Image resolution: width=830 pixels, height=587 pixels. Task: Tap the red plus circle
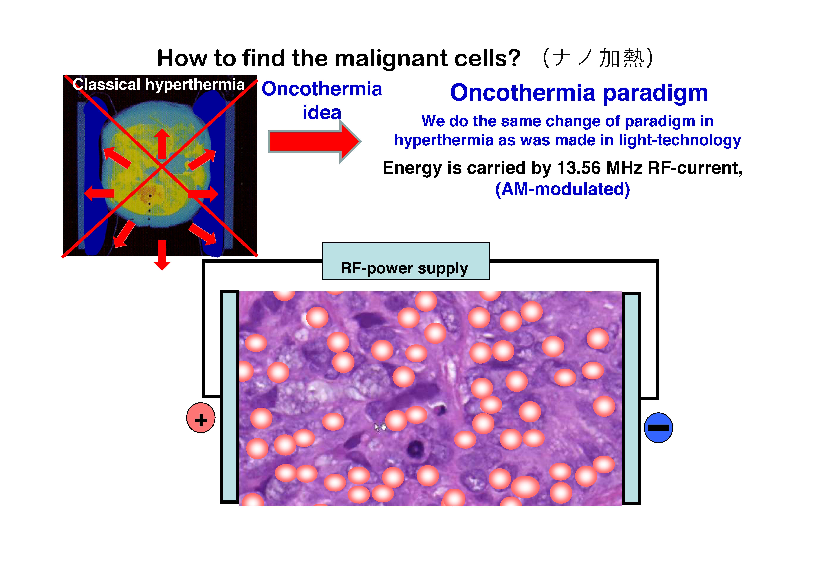coord(201,418)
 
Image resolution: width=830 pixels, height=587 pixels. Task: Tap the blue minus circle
coord(658,428)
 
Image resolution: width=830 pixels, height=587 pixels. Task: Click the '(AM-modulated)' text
coord(562,189)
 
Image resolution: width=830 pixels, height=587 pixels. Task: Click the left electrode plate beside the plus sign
coord(229,397)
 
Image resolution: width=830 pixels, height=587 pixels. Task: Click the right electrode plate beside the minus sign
coord(632,398)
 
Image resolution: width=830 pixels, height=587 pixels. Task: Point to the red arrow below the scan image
coord(162,255)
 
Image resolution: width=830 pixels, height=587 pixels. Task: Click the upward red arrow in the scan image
coord(162,144)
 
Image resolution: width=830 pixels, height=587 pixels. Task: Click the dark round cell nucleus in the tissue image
coord(416,449)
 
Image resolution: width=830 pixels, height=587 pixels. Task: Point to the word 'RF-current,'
coord(695,168)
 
